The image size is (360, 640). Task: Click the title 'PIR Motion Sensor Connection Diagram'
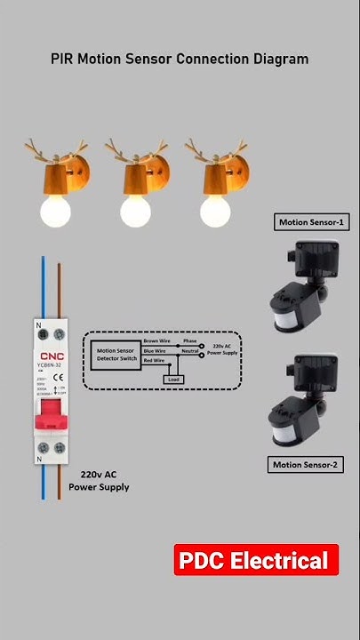tap(180, 59)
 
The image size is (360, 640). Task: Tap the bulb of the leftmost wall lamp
tap(55, 211)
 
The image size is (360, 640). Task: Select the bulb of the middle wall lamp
tap(136, 211)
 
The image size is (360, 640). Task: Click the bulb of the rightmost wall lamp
tap(215, 211)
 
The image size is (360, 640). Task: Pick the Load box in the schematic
tap(174, 379)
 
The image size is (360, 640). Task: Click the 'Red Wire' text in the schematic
tap(154, 361)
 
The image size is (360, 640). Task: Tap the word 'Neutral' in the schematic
tap(189, 351)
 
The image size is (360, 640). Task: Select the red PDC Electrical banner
tap(255, 561)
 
